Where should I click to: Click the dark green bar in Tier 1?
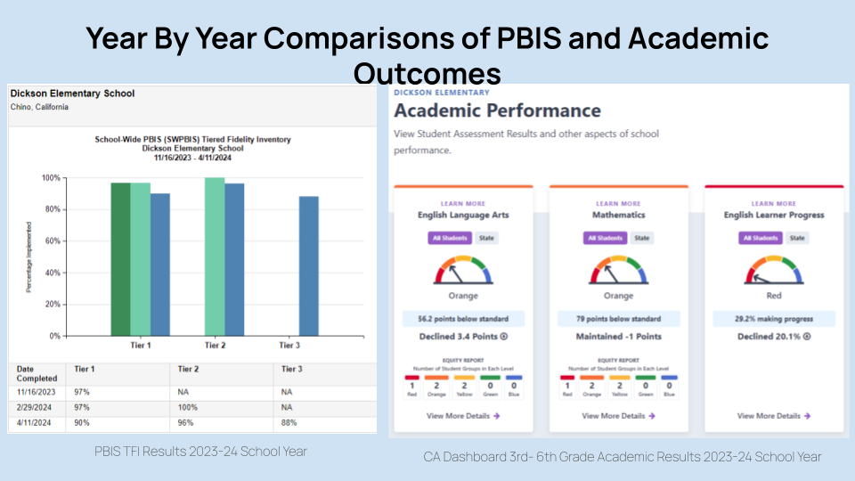(x=120, y=258)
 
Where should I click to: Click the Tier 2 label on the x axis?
(x=215, y=345)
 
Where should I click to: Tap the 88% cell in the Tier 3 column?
(x=288, y=424)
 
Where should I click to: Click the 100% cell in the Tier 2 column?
(x=187, y=408)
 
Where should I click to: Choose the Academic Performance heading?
(x=497, y=111)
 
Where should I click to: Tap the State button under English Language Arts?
(x=486, y=238)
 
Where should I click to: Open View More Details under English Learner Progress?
(x=773, y=415)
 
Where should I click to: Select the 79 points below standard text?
(x=618, y=318)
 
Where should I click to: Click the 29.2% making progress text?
(x=773, y=318)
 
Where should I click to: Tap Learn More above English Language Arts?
(x=462, y=204)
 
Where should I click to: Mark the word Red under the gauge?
(x=773, y=296)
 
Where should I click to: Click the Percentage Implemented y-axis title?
(x=28, y=257)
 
